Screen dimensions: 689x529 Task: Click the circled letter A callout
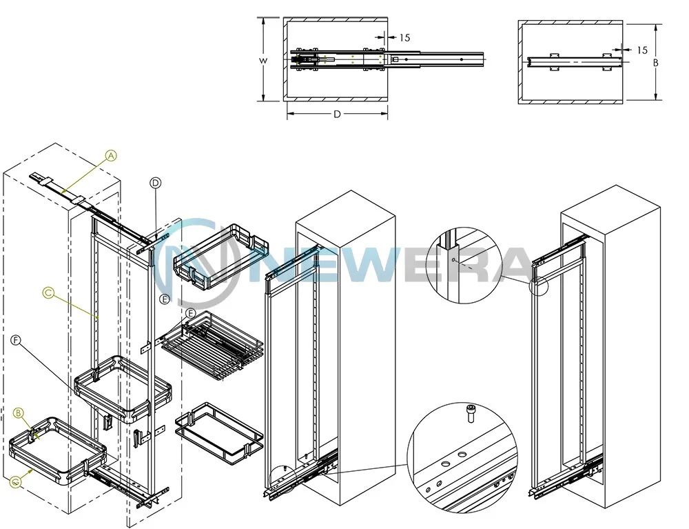(112, 155)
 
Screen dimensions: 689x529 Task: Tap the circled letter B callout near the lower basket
(19, 413)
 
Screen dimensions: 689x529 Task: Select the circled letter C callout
(48, 292)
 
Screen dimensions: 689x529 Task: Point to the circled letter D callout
(156, 183)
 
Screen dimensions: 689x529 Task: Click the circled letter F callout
(16, 340)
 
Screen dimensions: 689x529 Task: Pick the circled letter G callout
(17, 482)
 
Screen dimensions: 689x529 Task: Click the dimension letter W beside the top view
(263, 61)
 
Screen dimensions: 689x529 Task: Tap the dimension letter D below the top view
(337, 114)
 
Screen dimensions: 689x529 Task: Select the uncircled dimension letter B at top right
(656, 63)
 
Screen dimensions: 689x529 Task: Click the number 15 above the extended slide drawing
(404, 38)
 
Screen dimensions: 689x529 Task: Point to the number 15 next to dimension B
(642, 50)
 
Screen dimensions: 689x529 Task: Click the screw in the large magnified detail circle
(470, 413)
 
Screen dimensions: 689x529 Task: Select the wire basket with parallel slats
(212, 346)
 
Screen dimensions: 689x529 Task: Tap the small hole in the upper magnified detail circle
(453, 260)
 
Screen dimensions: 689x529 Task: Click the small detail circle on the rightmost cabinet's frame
(539, 285)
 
